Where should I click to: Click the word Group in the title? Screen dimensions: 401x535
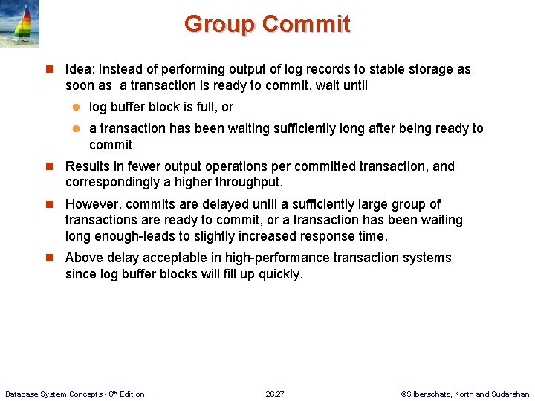(x=220, y=24)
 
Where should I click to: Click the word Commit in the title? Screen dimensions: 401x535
(x=305, y=24)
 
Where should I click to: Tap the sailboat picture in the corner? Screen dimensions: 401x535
(x=20, y=25)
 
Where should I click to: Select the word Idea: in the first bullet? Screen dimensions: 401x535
(x=82, y=69)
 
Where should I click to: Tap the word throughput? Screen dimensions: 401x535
(x=248, y=182)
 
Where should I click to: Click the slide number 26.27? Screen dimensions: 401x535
(x=275, y=394)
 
